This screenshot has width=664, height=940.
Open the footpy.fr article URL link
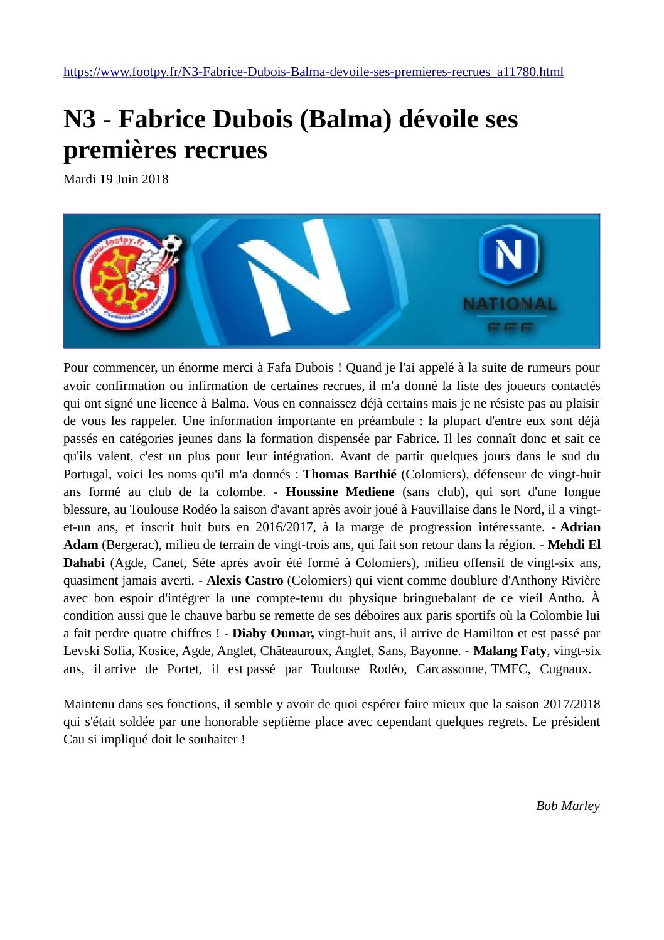coord(313,72)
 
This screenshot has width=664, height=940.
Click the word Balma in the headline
coord(347,119)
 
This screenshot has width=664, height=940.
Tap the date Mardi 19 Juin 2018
coord(116,179)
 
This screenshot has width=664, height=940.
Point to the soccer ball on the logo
coord(171,244)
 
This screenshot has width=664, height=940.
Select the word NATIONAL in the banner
coord(509,304)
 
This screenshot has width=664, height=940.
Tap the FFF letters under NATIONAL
coord(509,327)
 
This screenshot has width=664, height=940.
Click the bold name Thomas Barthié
coord(350,474)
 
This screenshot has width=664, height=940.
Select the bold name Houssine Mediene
coord(340,492)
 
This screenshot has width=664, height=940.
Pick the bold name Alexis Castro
coord(245,580)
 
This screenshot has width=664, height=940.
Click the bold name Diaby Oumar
coord(273,633)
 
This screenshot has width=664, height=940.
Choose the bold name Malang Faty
coord(510,651)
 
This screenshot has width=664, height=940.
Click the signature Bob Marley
coord(567,806)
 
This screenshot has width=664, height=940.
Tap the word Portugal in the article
coord(87,474)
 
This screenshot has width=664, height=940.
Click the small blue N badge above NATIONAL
coord(508,254)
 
